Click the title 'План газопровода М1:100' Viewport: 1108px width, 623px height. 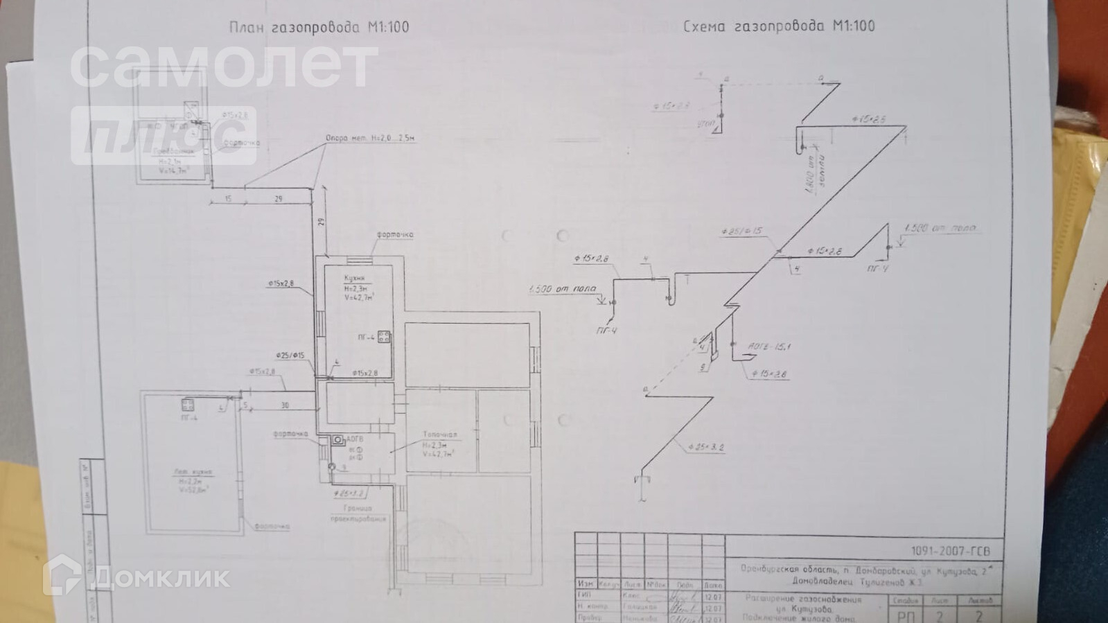tap(319, 28)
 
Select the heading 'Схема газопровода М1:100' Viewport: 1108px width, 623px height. tap(779, 26)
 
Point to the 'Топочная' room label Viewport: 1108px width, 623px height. tap(440, 435)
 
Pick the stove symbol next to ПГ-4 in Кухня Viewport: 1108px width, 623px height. tap(384, 337)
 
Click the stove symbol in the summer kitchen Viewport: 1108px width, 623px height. tap(188, 404)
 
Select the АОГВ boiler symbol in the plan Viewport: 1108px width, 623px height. tap(337, 439)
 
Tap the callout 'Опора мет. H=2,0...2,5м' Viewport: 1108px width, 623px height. tap(371, 139)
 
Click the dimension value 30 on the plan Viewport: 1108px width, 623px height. tap(285, 405)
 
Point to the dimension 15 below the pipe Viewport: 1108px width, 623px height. tap(229, 199)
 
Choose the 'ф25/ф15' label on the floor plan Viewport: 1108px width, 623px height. tap(290, 356)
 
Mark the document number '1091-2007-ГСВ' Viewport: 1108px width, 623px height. tap(950, 551)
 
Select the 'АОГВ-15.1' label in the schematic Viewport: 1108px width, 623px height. tap(769, 346)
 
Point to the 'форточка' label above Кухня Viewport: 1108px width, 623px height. tap(395, 235)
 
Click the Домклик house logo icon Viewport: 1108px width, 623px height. tap(63, 575)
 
